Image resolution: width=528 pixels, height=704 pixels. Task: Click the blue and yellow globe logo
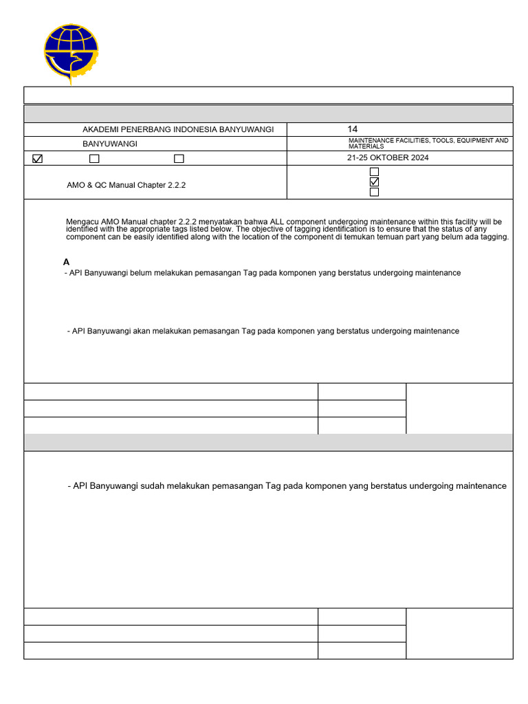[x=71, y=53]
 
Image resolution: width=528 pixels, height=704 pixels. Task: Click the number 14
[x=353, y=129]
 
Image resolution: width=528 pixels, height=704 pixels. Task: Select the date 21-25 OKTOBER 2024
[x=388, y=157]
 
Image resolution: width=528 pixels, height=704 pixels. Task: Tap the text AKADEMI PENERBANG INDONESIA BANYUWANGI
[x=178, y=129]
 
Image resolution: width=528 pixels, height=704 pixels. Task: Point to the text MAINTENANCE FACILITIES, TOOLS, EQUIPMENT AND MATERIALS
[x=428, y=143]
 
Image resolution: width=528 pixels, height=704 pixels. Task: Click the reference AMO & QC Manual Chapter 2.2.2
[x=126, y=185]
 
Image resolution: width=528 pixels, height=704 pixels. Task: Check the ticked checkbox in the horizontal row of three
[x=37, y=159]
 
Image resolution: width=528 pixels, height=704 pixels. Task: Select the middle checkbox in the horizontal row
[x=94, y=159]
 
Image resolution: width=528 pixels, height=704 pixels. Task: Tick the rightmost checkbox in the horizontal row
[x=179, y=159]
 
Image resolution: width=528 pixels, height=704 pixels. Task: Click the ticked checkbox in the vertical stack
[x=375, y=182]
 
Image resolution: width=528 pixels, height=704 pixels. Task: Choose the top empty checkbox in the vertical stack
[x=375, y=172]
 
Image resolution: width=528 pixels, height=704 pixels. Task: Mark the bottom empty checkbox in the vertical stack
[x=375, y=192]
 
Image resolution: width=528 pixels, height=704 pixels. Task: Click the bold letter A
[x=67, y=262]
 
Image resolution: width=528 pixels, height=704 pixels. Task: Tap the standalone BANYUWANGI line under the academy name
[x=109, y=144]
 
